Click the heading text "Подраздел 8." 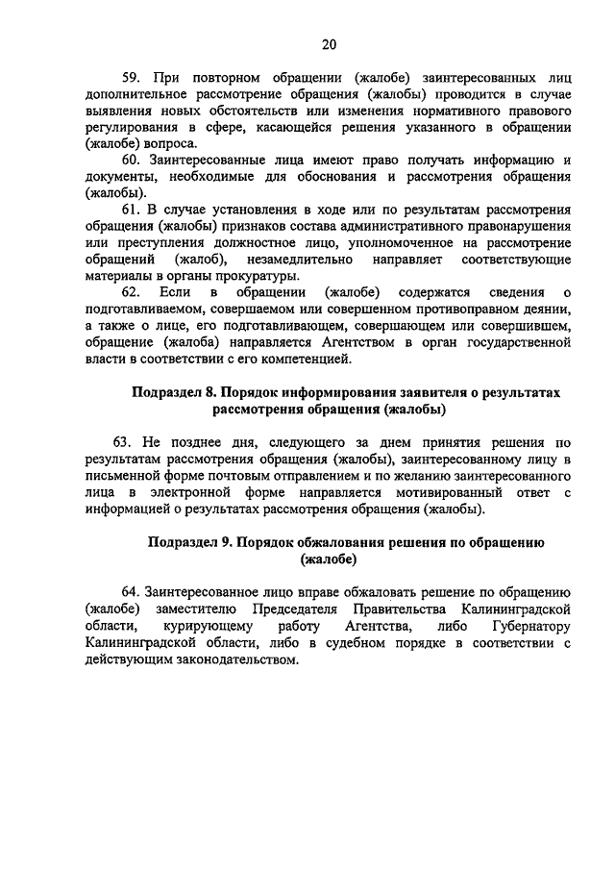click(173, 393)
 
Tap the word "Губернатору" click(529, 626)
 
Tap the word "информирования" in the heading click(333, 393)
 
